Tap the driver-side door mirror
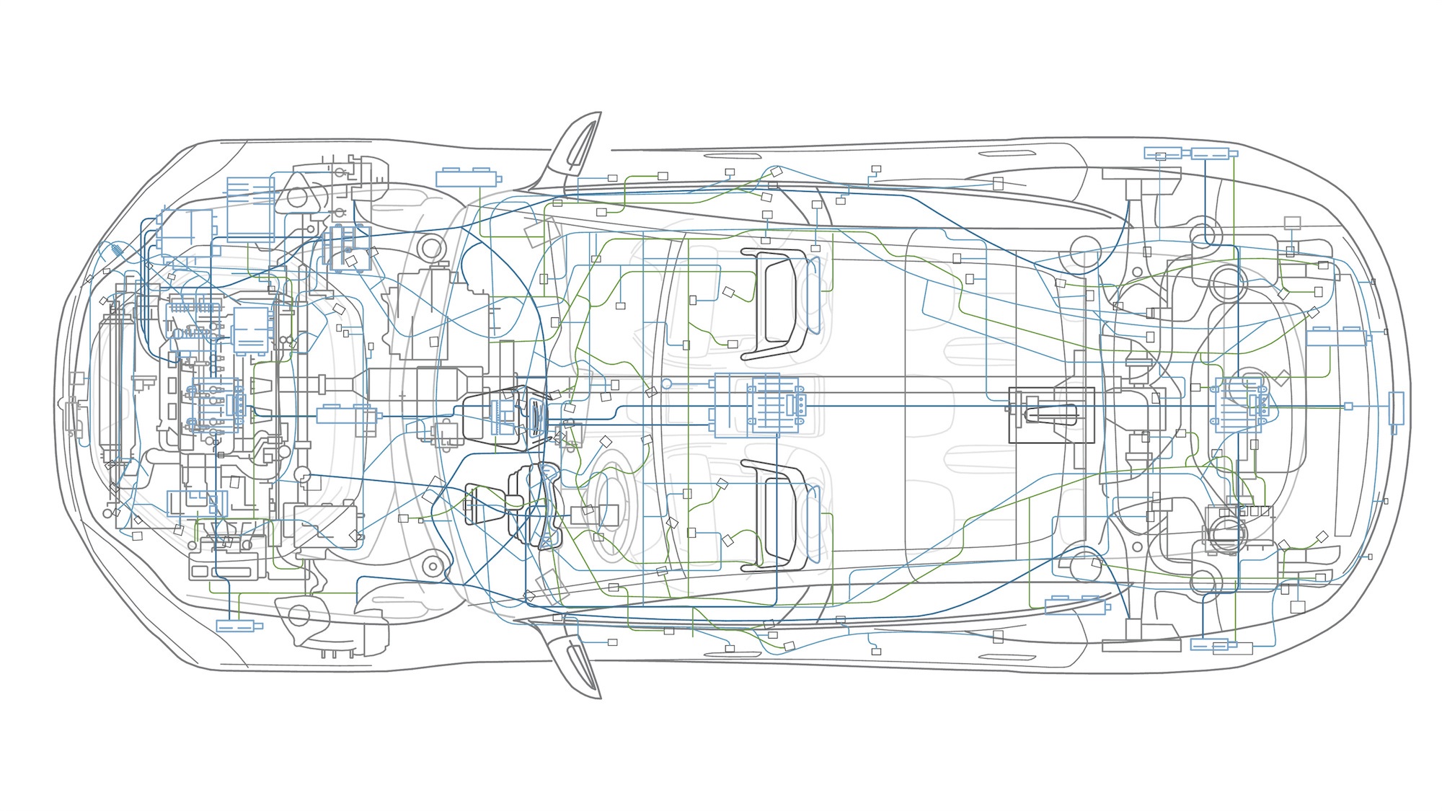pos(577,660)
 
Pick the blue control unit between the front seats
pos(776,406)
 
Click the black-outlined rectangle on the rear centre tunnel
pos(1051,415)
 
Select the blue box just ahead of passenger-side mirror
pos(467,178)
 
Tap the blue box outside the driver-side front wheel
pos(239,626)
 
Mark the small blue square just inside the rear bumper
pos(1348,407)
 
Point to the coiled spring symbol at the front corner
pos(116,252)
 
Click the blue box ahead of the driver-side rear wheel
pos(1075,605)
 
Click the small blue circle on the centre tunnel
pos(667,384)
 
